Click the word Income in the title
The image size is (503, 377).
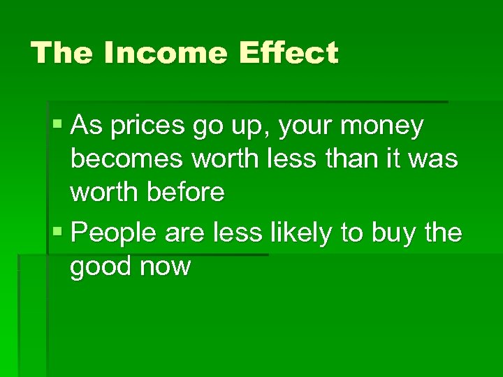pyautogui.click(x=166, y=53)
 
